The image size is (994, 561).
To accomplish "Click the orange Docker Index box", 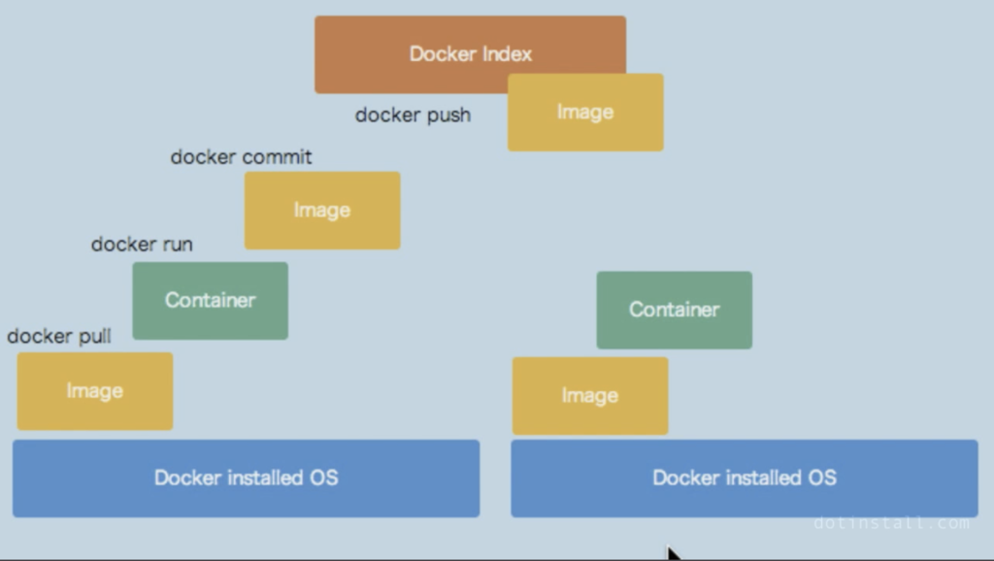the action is click(x=471, y=54).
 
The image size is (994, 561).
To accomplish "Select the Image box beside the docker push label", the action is click(x=585, y=113).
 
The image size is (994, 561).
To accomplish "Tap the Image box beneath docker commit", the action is click(x=322, y=211).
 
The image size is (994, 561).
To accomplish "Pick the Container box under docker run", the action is click(x=211, y=301).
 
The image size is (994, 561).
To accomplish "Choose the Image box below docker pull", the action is click(x=95, y=391).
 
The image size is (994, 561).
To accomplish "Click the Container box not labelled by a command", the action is click(x=675, y=310).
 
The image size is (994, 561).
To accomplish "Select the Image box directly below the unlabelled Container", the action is click(x=590, y=396).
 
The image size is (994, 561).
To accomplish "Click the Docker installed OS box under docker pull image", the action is click(x=246, y=478).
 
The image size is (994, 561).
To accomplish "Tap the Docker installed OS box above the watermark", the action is click(x=745, y=478).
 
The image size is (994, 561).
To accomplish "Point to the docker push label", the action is click(x=413, y=115).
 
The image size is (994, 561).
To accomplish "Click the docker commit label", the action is click(x=241, y=157).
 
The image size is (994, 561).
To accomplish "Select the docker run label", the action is click(x=142, y=244).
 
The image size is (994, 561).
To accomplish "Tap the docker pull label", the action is click(x=59, y=336).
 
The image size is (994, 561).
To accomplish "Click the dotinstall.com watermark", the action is click(x=891, y=523).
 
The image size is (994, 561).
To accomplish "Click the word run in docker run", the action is click(x=178, y=245).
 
